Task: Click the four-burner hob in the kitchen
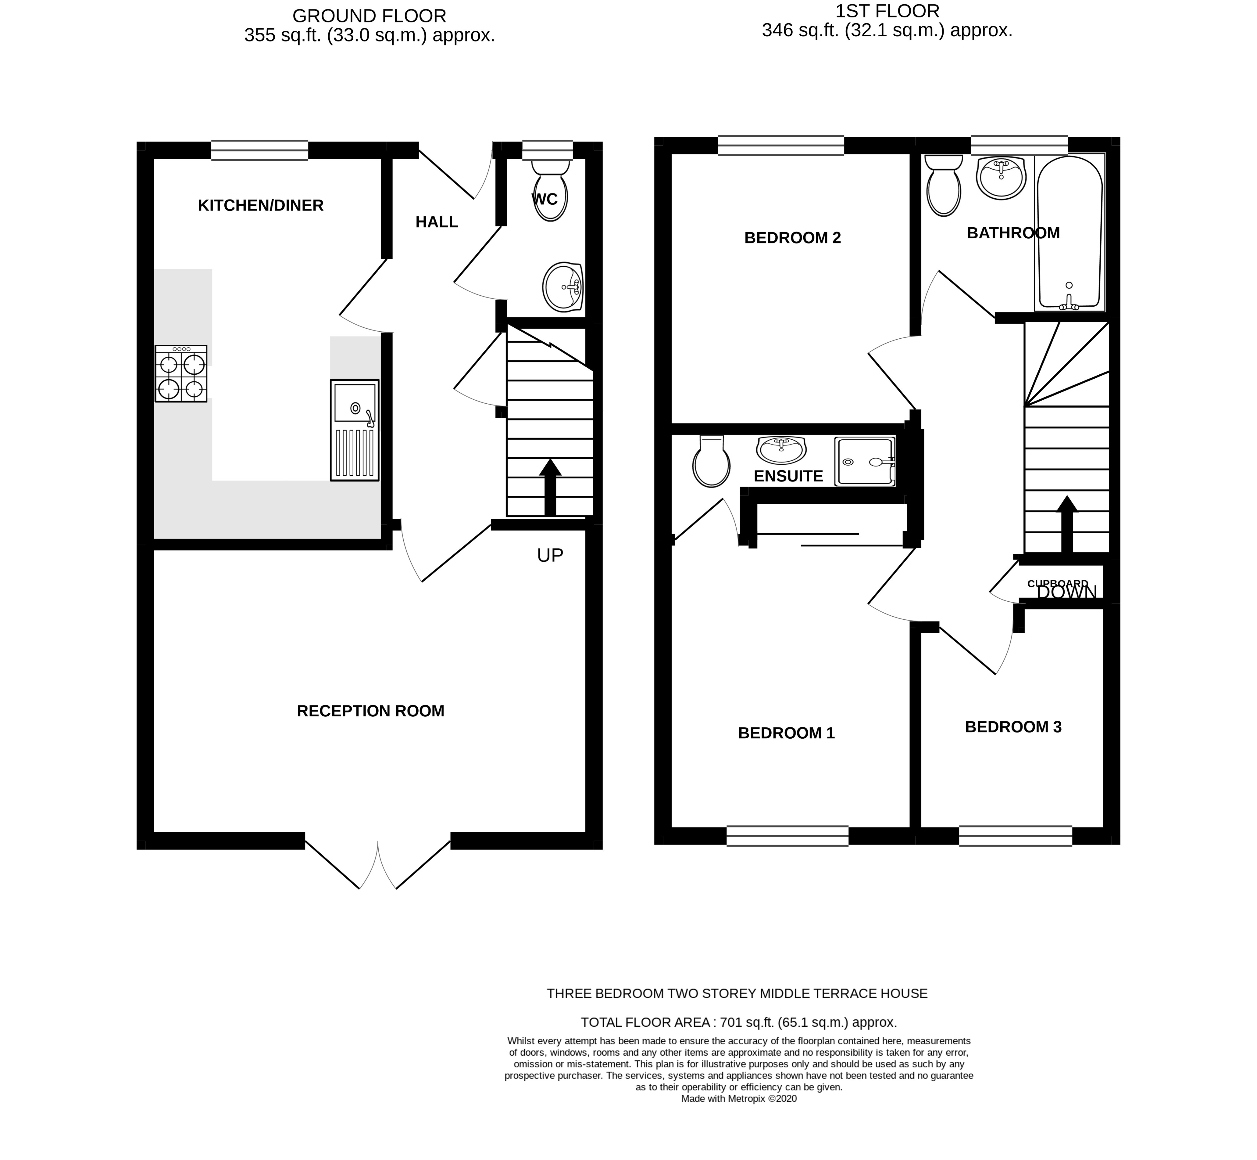pyautogui.click(x=181, y=373)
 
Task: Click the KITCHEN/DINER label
pyautogui.click(x=260, y=205)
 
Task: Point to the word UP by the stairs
pyautogui.click(x=550, y=555)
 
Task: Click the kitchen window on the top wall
pyautogui.click(x=259, y=150)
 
